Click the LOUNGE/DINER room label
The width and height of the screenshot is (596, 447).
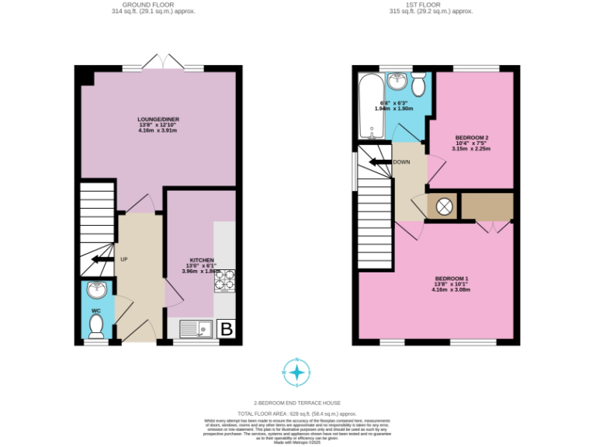coord(158,120)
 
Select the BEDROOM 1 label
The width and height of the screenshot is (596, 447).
coord(452,279)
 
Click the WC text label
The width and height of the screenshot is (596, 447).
coord(96,311)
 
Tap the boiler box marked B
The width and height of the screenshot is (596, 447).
coord(227,329)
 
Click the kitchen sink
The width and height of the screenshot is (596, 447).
coord(196,329)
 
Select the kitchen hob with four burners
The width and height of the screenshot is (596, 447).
coord(224,280)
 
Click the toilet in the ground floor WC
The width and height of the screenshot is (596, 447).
coord(97,327)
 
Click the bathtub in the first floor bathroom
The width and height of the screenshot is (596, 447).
coord(369,105)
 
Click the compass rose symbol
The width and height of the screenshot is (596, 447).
coord(296,372)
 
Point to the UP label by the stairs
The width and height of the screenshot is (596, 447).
coord(123,259)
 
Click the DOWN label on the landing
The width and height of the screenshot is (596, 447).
coord(401,162)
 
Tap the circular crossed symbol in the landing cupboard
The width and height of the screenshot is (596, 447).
coord(444,206)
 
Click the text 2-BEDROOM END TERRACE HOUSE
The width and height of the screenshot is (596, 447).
coord(297,403)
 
